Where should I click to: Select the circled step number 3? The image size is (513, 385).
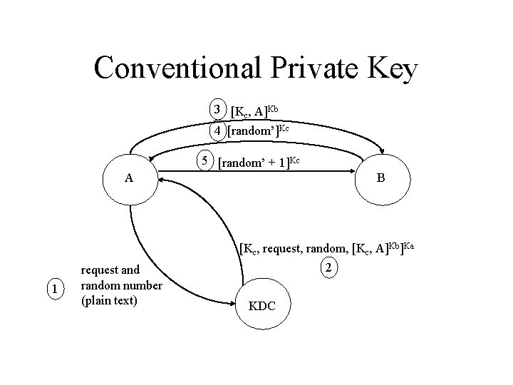point(217,110)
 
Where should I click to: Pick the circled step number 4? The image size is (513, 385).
point(217,130)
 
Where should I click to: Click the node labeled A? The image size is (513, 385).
point(128,178)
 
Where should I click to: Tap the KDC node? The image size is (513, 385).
point(264,307)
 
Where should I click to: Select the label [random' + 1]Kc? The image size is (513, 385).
point(262,163)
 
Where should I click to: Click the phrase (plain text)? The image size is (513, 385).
point(110,299)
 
